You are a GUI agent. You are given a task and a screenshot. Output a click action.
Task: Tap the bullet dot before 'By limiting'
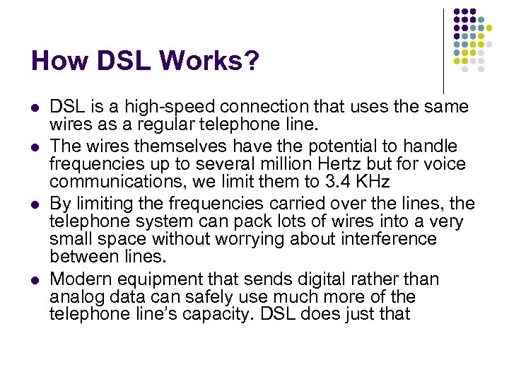[x=35, y=205]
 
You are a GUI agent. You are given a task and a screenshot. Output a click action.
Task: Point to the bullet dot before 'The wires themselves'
[x=35, y=147]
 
